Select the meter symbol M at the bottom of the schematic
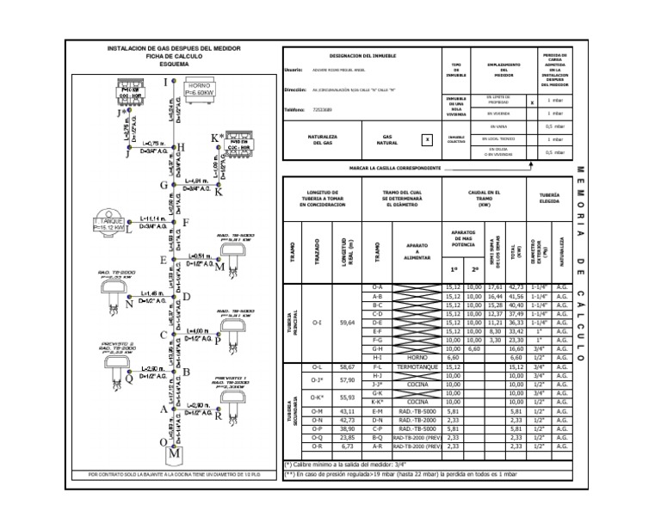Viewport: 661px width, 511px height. pos(176,452)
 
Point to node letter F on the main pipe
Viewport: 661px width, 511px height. pos(184,223)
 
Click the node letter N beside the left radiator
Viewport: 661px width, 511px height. pos(129,303)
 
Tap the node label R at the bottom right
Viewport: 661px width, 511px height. pos(219,416)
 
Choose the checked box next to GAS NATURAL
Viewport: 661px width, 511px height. pos(426,138)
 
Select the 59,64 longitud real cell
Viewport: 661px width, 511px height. pos(347,323)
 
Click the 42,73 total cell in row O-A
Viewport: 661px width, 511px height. pos(516,286)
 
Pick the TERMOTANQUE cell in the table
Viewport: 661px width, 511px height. pos(417,366)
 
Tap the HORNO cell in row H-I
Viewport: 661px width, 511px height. pos(417,358)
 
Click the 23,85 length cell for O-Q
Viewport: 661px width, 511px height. pos(347,438)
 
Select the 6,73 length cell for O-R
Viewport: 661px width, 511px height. pos(347,447)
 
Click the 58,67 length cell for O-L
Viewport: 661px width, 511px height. pos(347,366)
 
